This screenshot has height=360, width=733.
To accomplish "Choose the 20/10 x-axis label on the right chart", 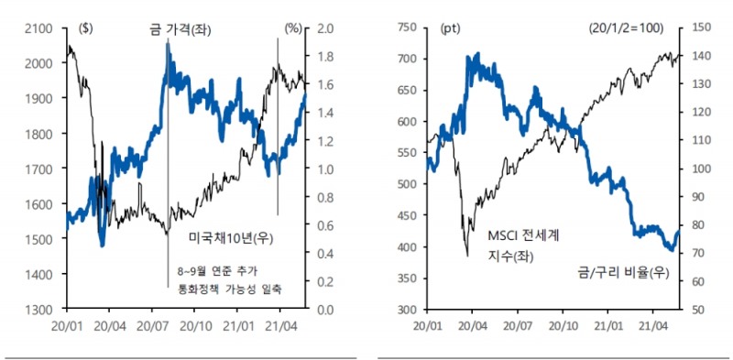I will [562, 325].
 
